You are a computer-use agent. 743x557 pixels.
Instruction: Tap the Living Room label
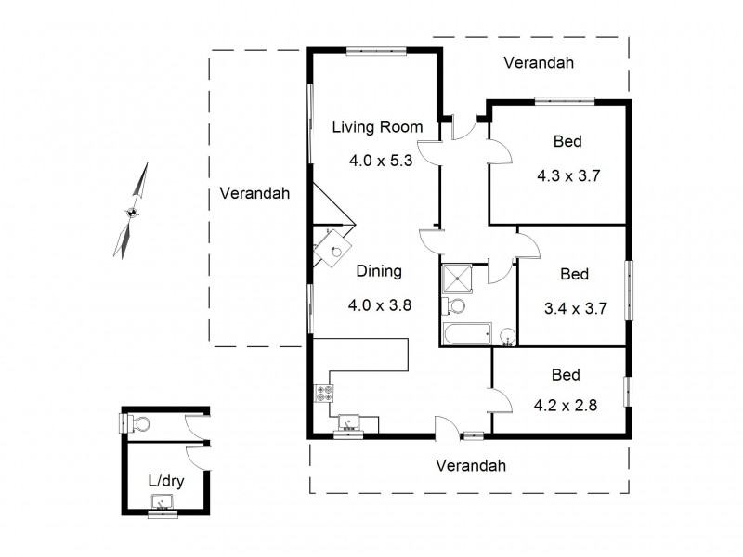[x=378, y=127]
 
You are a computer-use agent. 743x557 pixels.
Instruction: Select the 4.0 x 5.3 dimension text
[x=380, y=160]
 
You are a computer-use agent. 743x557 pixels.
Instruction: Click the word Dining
[x=379, y=272]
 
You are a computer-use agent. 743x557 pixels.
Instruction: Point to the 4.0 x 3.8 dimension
[x=380, y=304]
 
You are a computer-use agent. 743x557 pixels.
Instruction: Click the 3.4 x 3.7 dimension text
[x=575, y=308]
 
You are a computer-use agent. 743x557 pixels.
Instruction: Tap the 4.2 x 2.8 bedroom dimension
[x=566, y=407]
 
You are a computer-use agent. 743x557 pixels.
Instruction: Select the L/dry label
[x=164, y=481]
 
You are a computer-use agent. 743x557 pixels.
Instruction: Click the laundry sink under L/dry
[x=163, y=504]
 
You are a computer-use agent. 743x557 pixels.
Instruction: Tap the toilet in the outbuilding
[x=138, y=424]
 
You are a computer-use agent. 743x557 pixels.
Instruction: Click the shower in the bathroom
[x=457, y=277]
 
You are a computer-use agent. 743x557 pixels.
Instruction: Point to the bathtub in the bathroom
[x=467, y=333]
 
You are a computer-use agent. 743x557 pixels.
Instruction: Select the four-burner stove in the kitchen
[x=325, y=393]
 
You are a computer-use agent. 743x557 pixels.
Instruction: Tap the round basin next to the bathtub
[x=507, y=336]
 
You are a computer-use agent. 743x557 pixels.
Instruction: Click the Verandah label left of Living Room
[x=254, y=194]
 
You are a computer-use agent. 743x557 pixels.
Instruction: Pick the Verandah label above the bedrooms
[x=538, y=63]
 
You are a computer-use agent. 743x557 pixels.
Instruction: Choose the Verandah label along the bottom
[x=471, y=466]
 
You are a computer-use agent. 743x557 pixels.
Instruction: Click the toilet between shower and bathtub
[x=456, y=306]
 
